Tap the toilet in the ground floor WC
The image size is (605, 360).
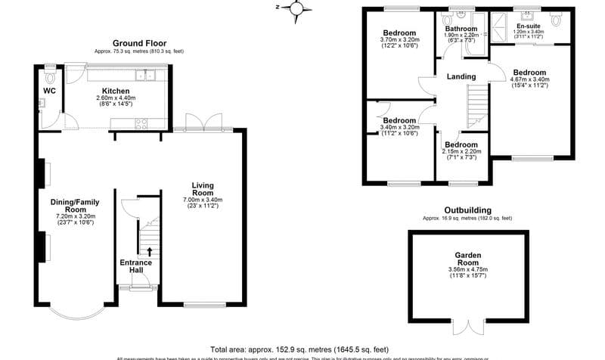pyautogui.click(x=51, y=77)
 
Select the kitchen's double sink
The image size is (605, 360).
pyautogui.click(x=146, y=75)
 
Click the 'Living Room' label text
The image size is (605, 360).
pyautogui.click(x=202, y=189)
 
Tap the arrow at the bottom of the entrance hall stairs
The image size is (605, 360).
pyautogui.click(x=149, y=251)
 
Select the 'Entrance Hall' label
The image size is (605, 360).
pyautogui.click(x=136, y=266)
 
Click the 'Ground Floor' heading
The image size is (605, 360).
pyautogui.click(x=138, y=43)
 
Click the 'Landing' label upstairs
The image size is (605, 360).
pyautogui.click(x=461, y=76)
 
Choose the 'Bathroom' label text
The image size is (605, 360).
pyautogui.click(x=461, y=29)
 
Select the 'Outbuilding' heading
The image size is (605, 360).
pyautogui.click(x=467, y=210)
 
